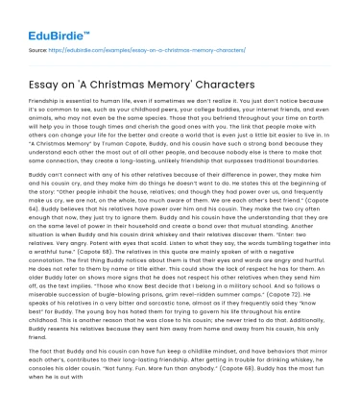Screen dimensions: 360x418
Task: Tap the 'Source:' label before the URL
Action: pyautogui.click(x=39, y=48)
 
